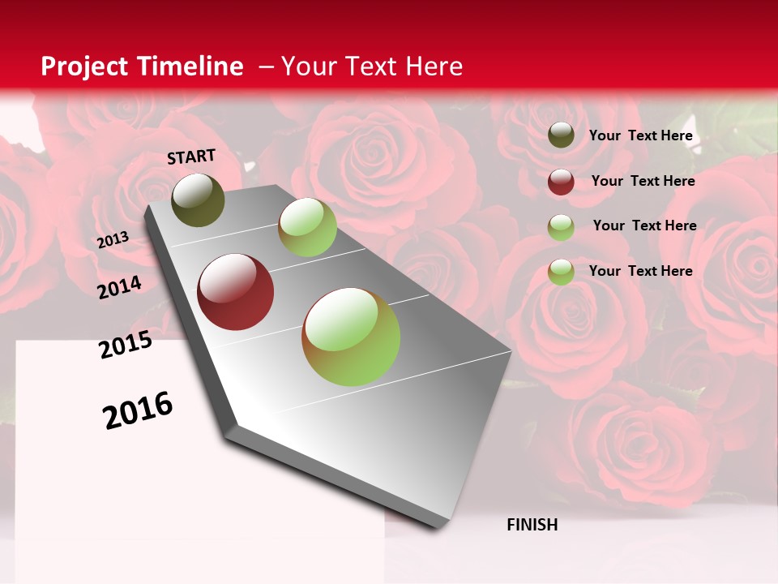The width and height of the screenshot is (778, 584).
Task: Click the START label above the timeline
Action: (191, 157)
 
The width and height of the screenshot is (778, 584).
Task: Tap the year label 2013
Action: (113, 240)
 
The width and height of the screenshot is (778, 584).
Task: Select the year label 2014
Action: (120, 288)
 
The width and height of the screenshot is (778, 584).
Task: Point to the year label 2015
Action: (126, 345)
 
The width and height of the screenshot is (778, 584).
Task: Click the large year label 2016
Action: (139, 410)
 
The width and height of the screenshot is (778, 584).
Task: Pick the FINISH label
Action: (532, 525)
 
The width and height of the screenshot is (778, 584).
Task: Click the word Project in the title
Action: (84, 67)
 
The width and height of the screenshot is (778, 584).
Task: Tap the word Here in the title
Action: (434, 67)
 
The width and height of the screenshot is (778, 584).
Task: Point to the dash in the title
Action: (265, 67)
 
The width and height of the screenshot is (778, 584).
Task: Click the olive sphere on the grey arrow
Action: (198, 200)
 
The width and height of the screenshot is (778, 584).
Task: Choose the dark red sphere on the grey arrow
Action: (236, 292)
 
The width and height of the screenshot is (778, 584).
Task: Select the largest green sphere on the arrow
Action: (351, 337)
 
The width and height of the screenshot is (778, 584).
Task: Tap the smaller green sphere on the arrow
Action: (307, 227)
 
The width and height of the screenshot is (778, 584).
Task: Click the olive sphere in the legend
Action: (561, 135)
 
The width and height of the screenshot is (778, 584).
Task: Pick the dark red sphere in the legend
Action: (561, 182)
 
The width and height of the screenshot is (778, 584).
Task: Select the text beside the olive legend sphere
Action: (640, 135)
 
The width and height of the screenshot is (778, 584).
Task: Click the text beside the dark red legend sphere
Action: (643, 181)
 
